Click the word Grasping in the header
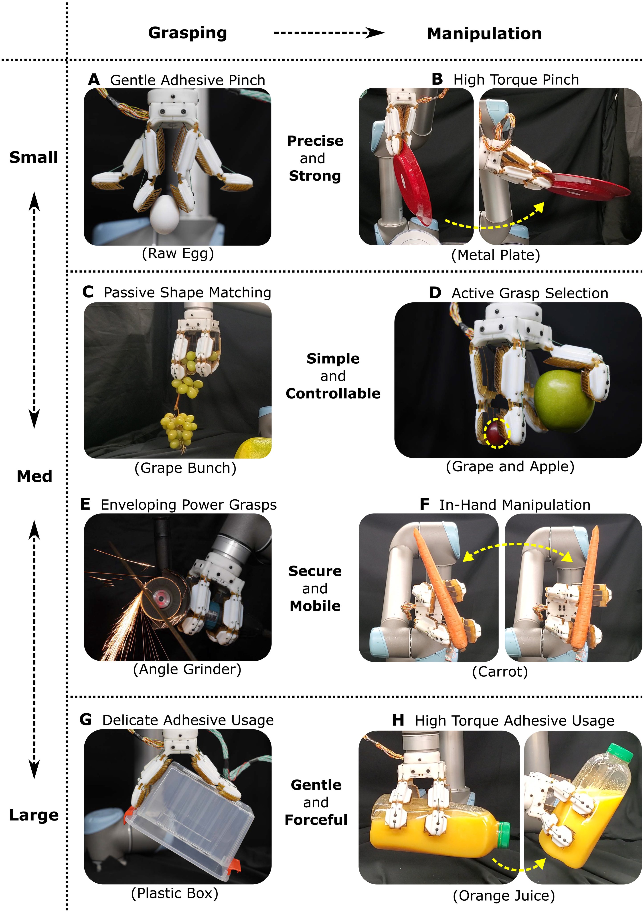click(x=187, y=33)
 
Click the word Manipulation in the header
click(x=484, y=34)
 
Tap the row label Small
click(x=34, y=157)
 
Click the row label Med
click(x=34, y=476)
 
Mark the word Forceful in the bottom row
click(x=316, y=819)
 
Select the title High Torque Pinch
click(x=516, y=80)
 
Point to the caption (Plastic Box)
click(x=175, y=893)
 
